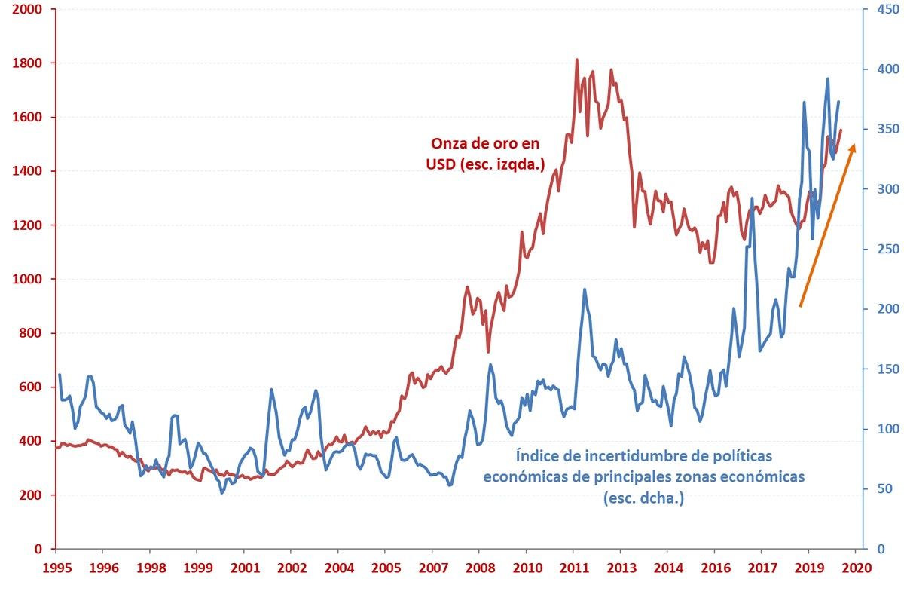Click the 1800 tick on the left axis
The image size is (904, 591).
tap(26, 63)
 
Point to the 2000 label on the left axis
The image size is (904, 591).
tap(26, 10)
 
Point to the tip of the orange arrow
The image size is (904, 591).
tap(854, 144)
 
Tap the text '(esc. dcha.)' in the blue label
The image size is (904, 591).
tap(643, 498)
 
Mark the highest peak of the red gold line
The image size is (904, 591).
tap(576, 60)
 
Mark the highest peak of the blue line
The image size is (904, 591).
tap(828, 78)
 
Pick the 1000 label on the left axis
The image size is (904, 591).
tap(26, 279)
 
